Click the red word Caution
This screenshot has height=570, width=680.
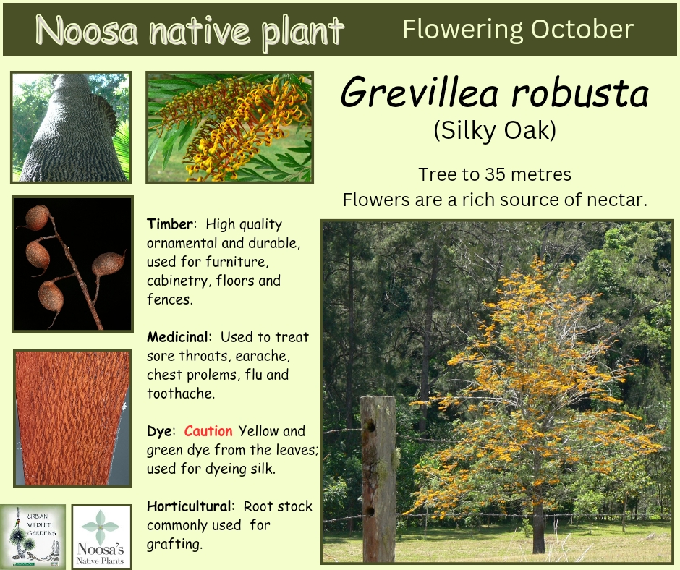[x=208, y=430]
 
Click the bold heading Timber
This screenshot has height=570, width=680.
[x=170, y=224]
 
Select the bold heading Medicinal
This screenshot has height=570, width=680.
[x=178, y=336]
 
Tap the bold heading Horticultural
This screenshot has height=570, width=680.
[x=189, y=506]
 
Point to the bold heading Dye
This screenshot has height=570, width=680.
[x=159, y=431]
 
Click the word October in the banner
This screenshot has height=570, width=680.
[x=582, y=30]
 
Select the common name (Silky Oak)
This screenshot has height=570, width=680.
[x=495, y=130]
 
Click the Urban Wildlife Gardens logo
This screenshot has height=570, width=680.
[x=33, y=536]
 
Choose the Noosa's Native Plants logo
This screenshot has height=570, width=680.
[x=101, y=537]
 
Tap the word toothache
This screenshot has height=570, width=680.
[x=181, y=394]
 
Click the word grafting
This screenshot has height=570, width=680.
[x=174, y=544]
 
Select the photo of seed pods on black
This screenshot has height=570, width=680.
[x=73, y=264]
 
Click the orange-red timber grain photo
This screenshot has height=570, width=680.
[x=72, y=418]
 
